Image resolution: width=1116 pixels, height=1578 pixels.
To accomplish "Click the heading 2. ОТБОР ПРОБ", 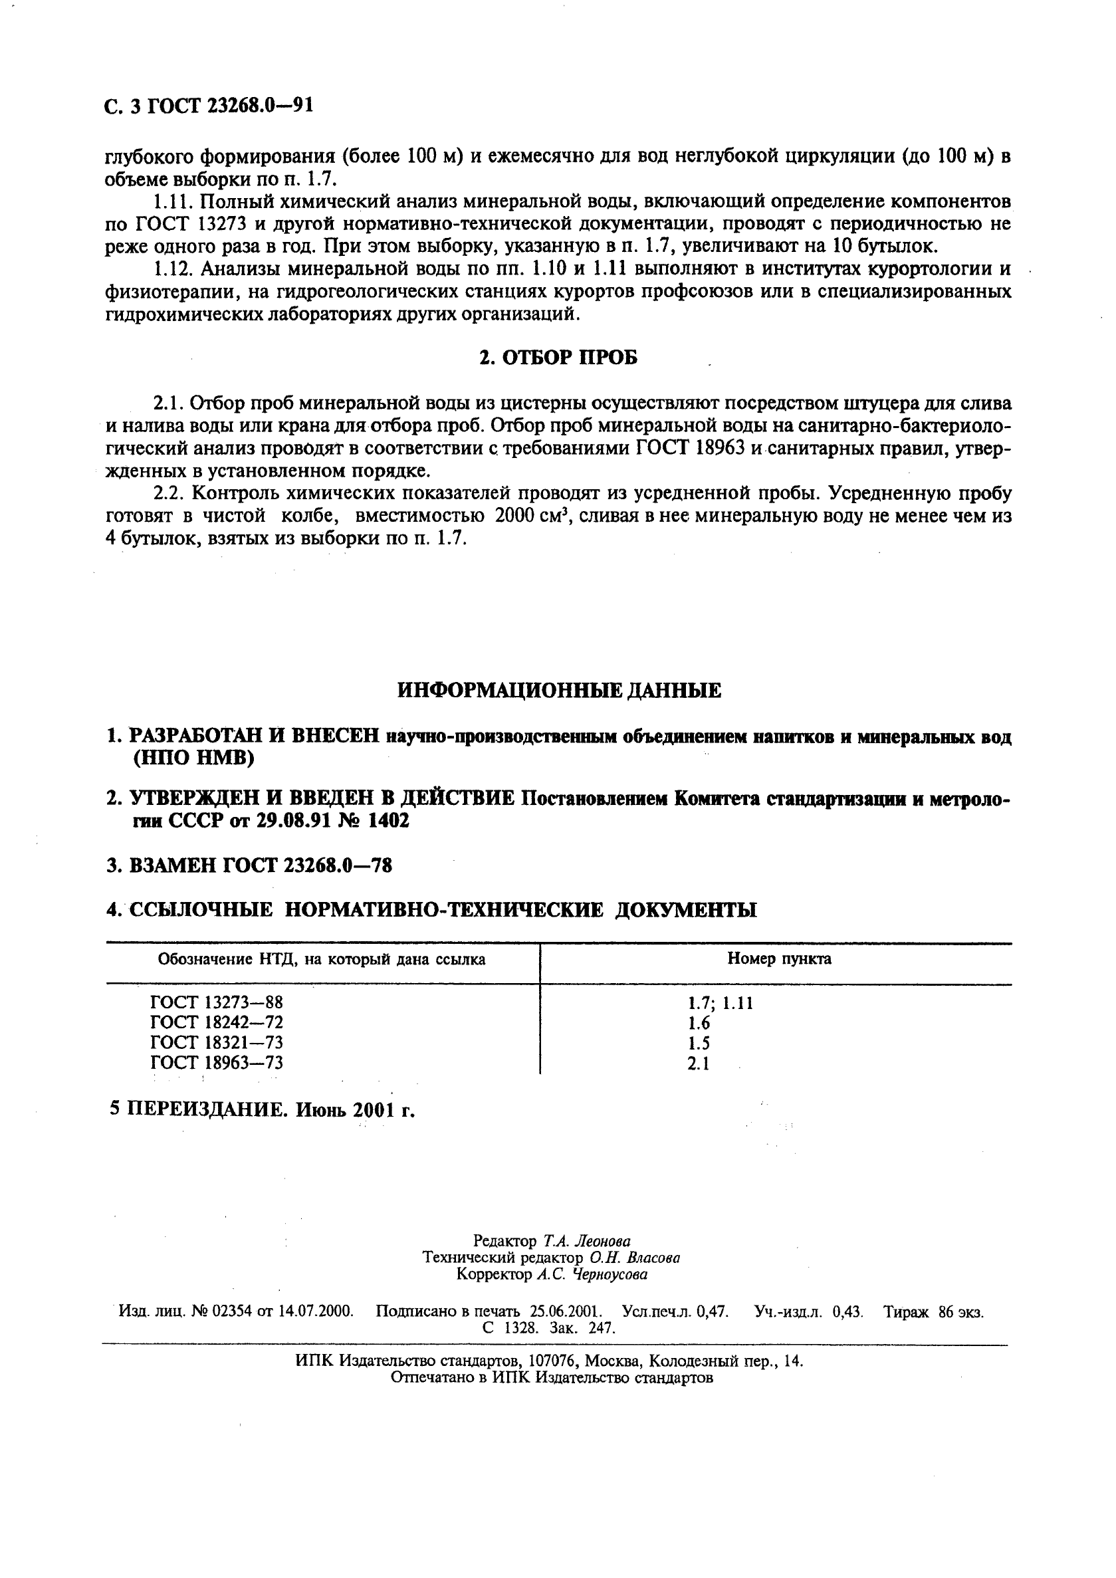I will pyautogui.click(x=558, y=358).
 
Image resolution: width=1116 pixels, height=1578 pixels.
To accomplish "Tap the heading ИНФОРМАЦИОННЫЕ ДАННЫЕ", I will pyautogui.click(x=559, y=691).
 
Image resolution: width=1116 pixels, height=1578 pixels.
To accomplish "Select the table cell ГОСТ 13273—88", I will pyautogui.click(x=217, y=1003).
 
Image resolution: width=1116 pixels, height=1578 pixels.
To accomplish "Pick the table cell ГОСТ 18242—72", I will pyautogui.click(x=217, y=1023).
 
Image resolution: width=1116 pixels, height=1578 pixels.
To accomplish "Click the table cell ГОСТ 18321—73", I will pyautogui.click(x=217, y=1043).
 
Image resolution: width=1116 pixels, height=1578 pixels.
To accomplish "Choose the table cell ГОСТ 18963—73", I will pyautogui.click(x=217, y=1064).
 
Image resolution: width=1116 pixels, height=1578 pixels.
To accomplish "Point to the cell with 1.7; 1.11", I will pyautogui.click(x=720, y=1004).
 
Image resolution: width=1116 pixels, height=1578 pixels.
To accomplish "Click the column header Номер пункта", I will pyautogui.click(x=779, y=958).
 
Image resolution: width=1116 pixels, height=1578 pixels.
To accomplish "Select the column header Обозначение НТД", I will pyautogui.click(x=322, y=959).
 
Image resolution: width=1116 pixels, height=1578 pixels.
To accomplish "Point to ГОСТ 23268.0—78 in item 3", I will pyautogui.click(x=308, y=865).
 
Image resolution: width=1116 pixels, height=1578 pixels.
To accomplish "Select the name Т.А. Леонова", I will pyautogui.click(x=586, y=1241).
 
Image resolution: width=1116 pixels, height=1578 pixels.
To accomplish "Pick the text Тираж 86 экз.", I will pyautogui.click(x=933, y=1311).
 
